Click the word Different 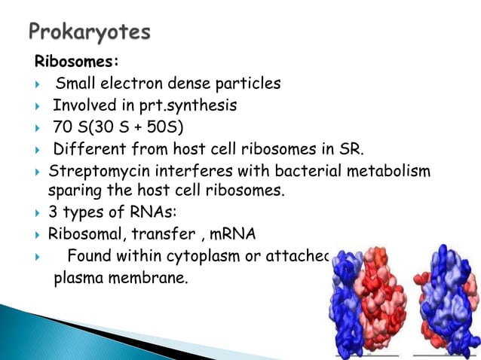coord(90,148)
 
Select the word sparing coord(77,190)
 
